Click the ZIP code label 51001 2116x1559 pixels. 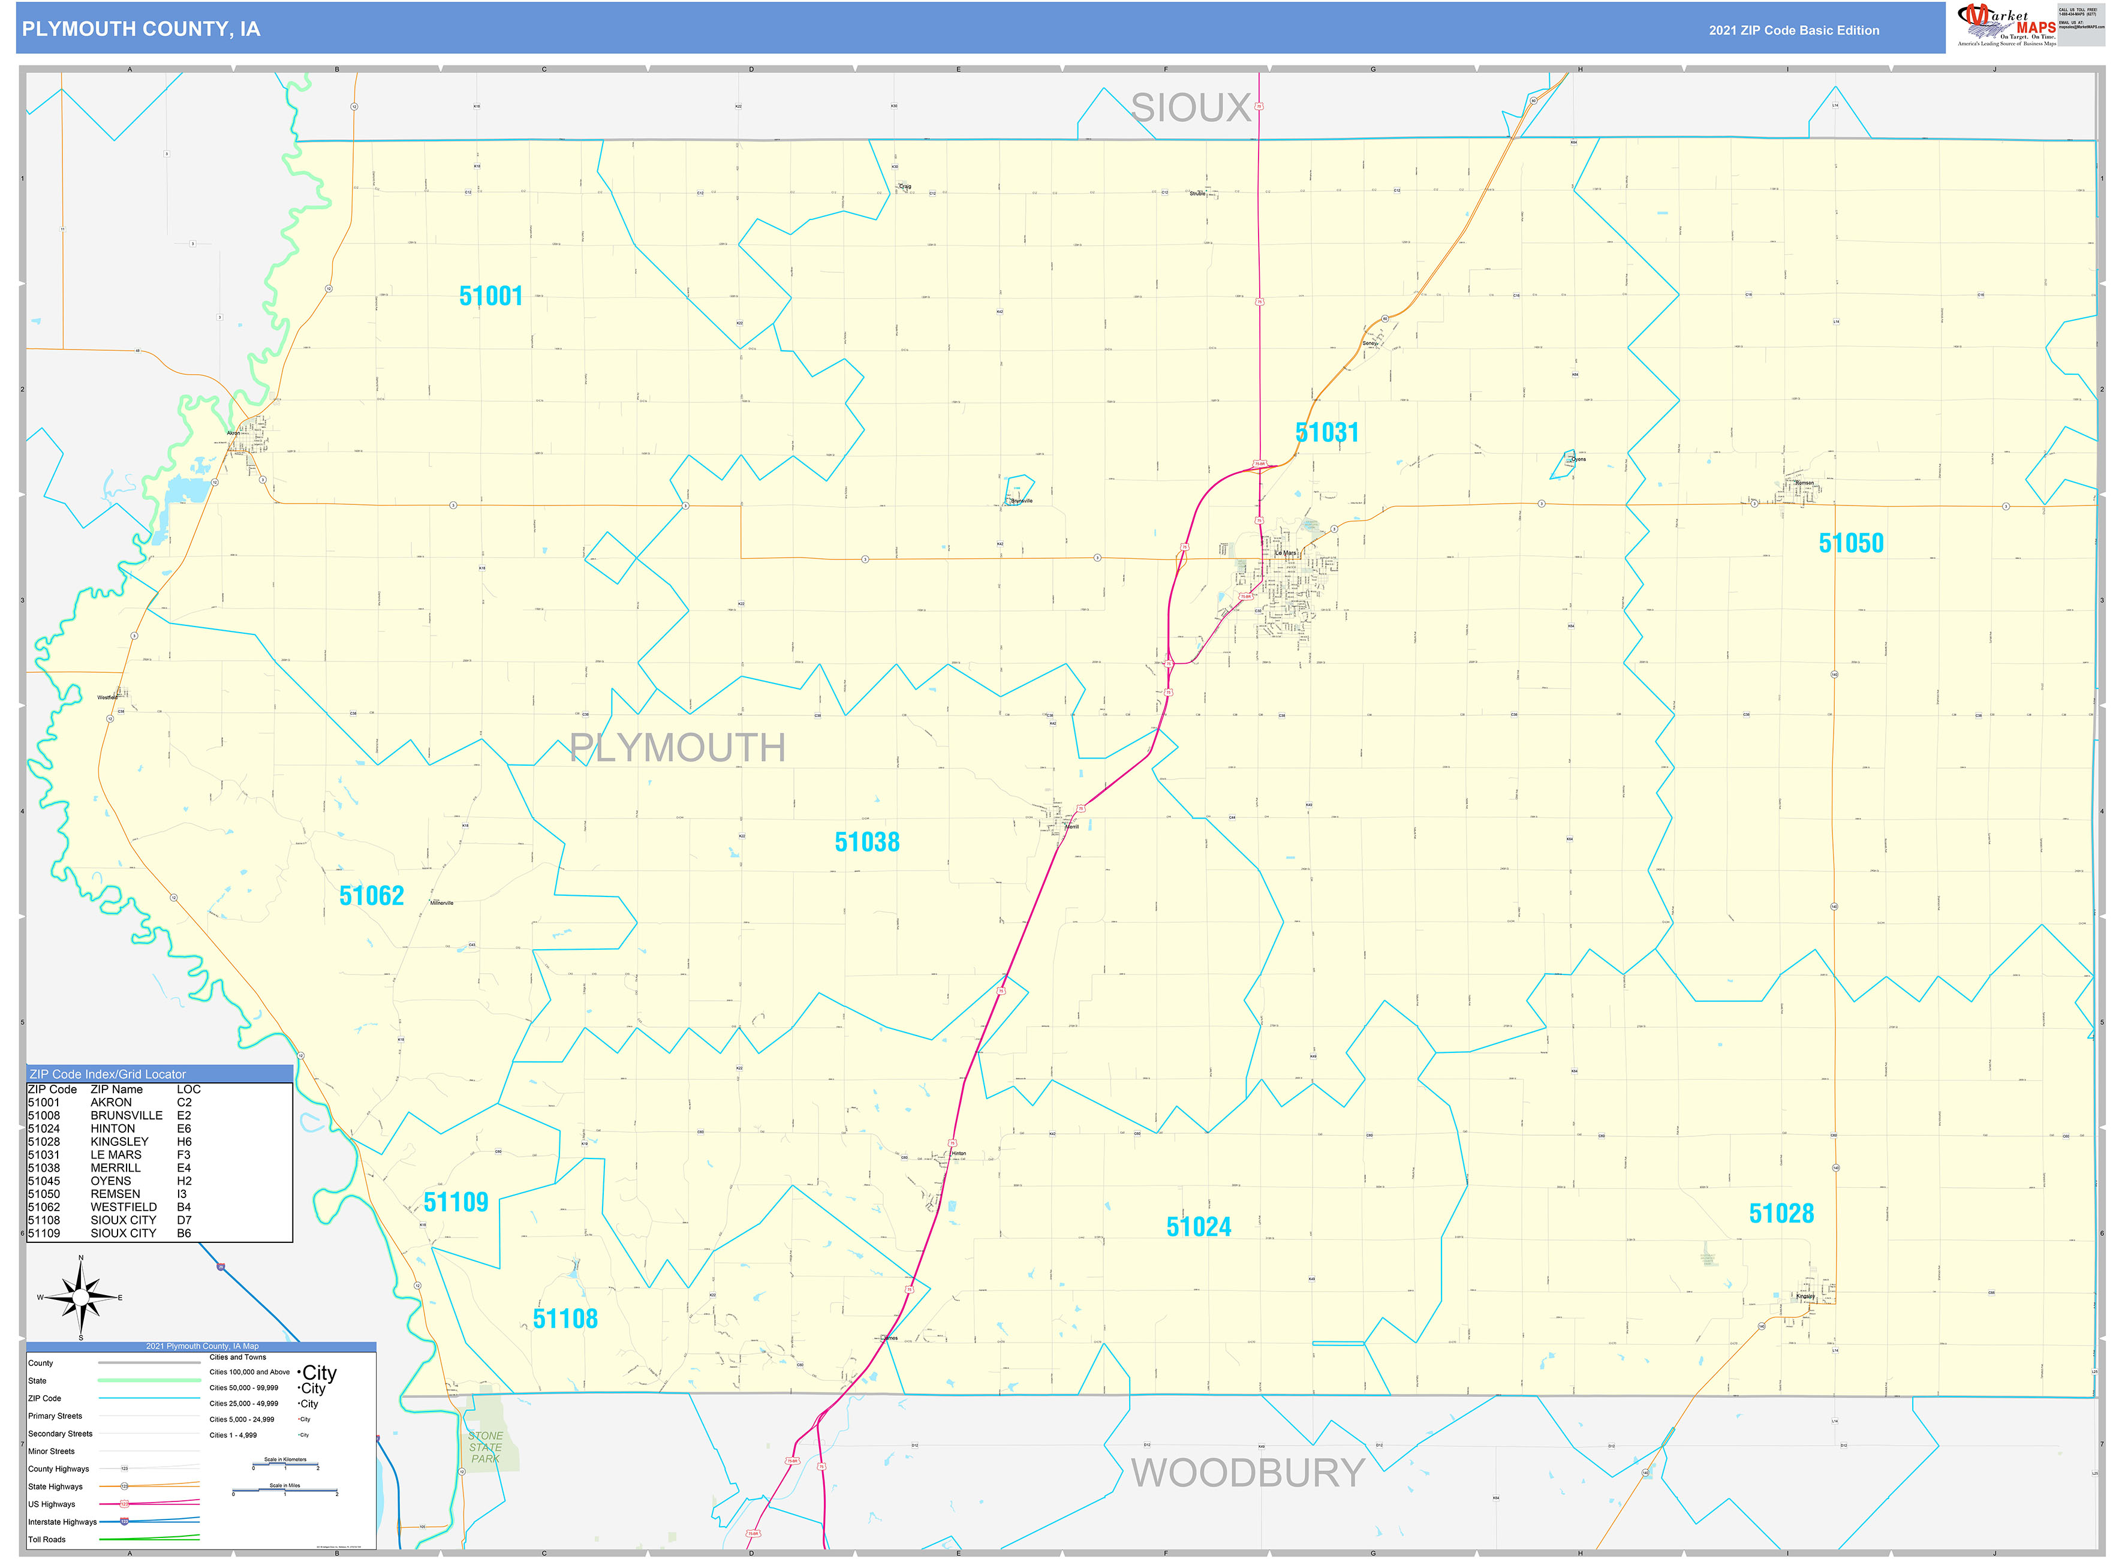click(x=491, y=296)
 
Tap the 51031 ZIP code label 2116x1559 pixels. click(x=1326, y=433)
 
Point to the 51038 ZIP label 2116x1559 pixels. click(x=866, y=842)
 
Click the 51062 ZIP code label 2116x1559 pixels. click(x=371, y=896)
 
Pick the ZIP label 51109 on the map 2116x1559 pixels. click(x=455, y=1202)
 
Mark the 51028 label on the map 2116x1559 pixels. click(x=1780, y=1214)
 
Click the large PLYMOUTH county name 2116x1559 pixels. click(x=677, y=748)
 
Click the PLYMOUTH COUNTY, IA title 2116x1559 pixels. click(x=141, y=29)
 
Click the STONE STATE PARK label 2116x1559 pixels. click(x=485, y=1447)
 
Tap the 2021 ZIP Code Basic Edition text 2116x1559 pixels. click(x=1793, y=30)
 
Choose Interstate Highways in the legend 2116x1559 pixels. click(x=62, y=1522)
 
